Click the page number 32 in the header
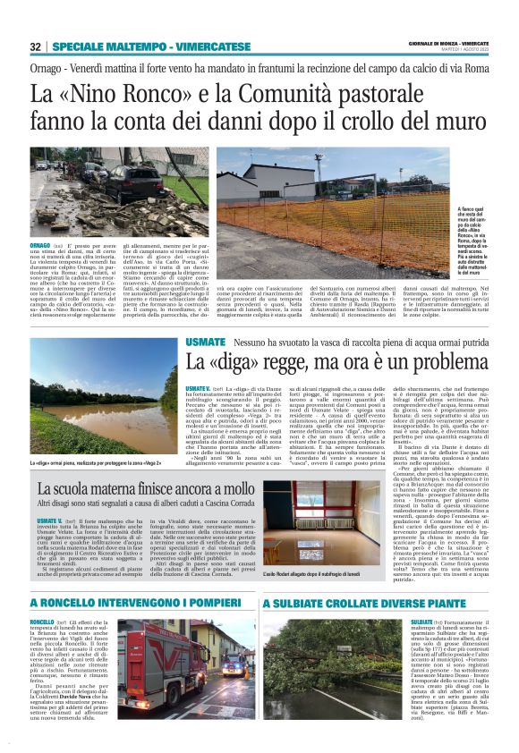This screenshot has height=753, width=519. tap(35, 46)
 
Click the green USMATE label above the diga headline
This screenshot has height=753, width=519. tap(205, 343)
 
